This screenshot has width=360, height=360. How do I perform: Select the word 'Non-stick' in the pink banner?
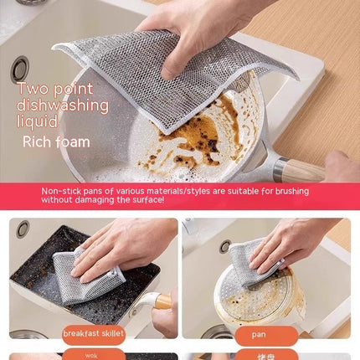click(x=59, y=191)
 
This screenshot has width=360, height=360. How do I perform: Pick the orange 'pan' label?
click(x=260, y=335)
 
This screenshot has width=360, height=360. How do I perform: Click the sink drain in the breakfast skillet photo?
click(x=22, y=228)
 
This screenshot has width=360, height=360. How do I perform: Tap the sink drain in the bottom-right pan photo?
click(x=225, y=245)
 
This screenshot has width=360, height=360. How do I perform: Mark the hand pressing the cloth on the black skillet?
click(x=126, y=243)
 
